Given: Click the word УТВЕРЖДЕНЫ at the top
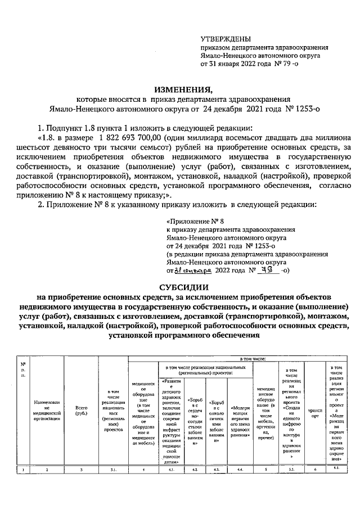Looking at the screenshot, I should point(226,39).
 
